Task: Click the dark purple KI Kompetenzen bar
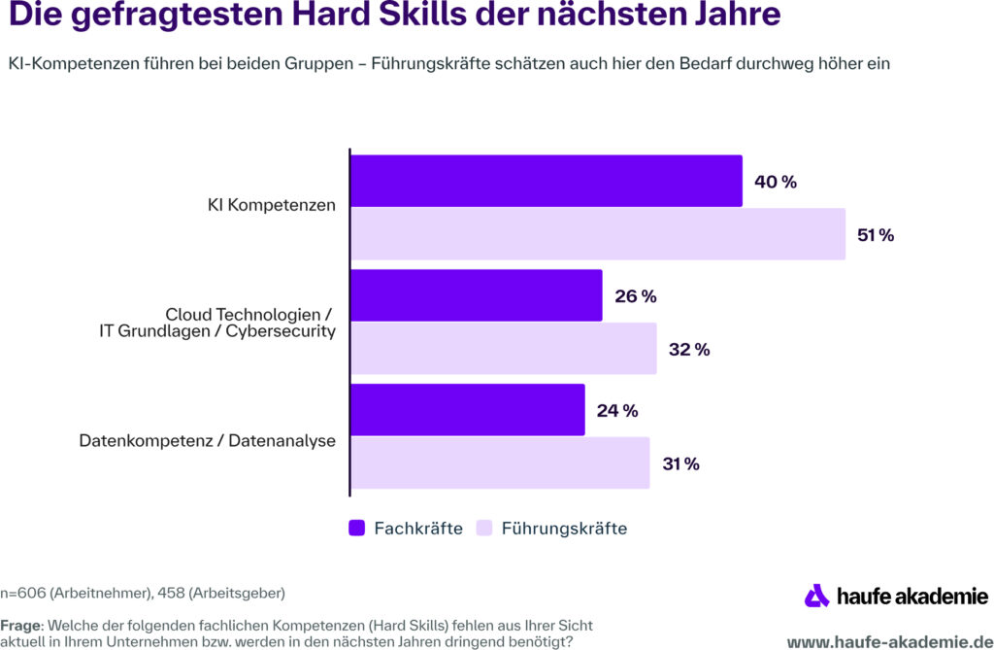click(x=546, y=181)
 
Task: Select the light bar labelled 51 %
click(x=597, y=234)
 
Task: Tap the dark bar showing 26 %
click(x=476, y=295)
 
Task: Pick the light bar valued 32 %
click(x=503, y=349)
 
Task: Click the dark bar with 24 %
click(x=467, y=410)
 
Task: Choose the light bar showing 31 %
click(x=499, y=463)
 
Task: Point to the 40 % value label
click(x=775, y=182)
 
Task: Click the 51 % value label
click(x=874, y=235)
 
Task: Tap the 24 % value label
click(x=617, y=411)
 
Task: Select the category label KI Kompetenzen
click(x=272, y=206)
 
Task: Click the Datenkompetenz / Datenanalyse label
click(x=207, y=441)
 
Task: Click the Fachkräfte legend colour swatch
click(x=356, y=529)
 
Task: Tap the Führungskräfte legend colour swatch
click(x=484, y=529)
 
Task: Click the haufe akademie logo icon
click(x=817, y=596)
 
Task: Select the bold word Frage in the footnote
click(x=19, y=625)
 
